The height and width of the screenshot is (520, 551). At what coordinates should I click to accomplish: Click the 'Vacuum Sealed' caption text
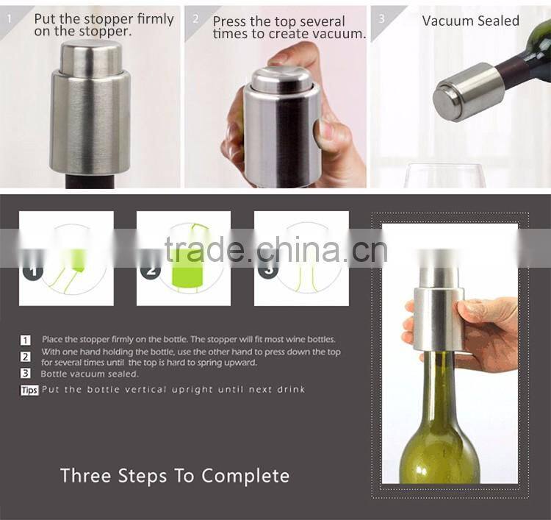(x=470, y=21)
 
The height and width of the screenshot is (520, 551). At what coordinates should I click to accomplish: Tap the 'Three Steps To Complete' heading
(x=175, y=475)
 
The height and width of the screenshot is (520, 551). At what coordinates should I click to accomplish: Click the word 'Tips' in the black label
(x=29, y=390)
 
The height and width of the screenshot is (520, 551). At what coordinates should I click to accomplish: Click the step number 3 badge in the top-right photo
(x=381, y=15)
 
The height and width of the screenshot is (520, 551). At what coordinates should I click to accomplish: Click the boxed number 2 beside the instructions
(x=26, y=357)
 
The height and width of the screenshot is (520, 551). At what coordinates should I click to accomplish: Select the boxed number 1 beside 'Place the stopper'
(x=26, y=340)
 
